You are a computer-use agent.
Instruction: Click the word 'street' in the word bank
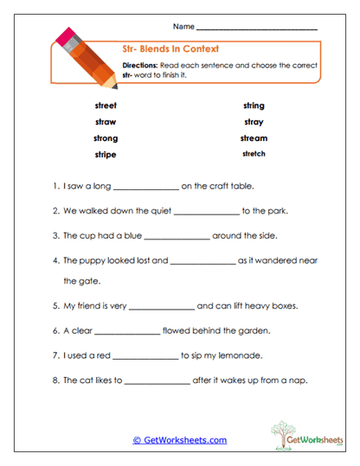(x=105, y=105)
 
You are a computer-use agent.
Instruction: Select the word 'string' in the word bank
(x=254, y=105)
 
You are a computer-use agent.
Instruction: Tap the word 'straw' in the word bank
(x=105, y=122)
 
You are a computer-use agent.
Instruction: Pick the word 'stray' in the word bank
(x=254, y=122)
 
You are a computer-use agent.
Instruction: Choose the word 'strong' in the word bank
(x=105, y=138)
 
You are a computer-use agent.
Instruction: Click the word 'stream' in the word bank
(x=254, y=138)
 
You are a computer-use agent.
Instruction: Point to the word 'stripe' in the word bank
(x=105, y=155)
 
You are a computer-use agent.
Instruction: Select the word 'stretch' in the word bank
(x=254, y=155)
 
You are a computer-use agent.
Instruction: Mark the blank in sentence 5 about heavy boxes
(x=161, y=308)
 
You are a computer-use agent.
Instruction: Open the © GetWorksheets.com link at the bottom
(x=179, y=440)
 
